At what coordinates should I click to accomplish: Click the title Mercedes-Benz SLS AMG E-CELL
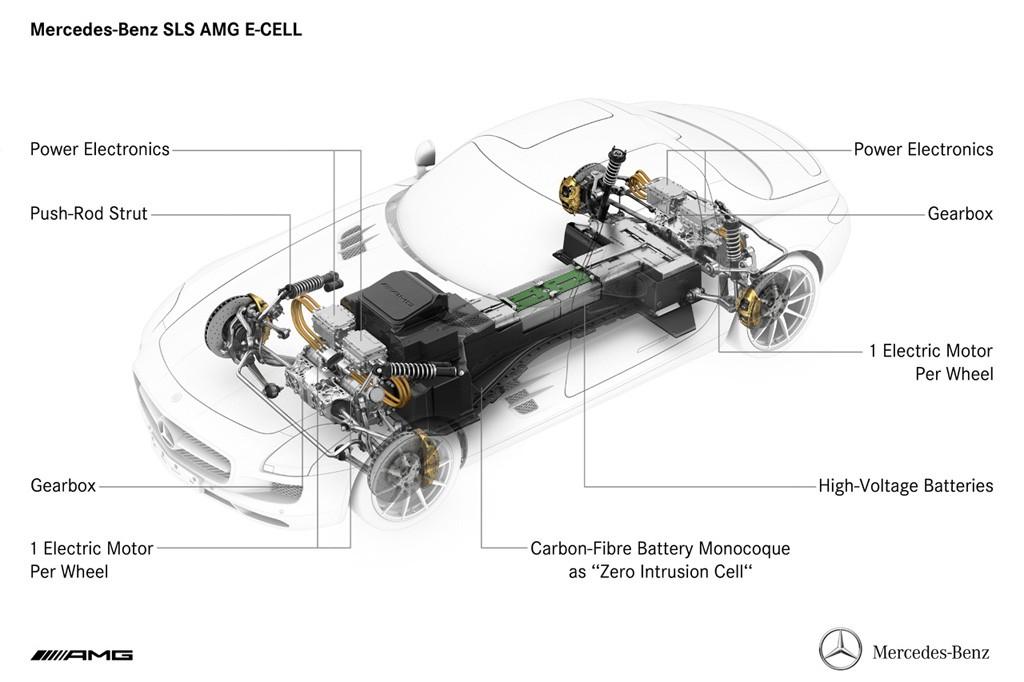(x=166, y=30)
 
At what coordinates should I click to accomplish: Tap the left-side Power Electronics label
(x=100, y=149)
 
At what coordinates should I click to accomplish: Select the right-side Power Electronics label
(x=923, y=149)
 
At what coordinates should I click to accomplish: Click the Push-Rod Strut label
(x=89, y=213)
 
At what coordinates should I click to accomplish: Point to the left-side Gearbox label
(x=63, y=486)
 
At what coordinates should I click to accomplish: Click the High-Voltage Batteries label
(x=906, y=486)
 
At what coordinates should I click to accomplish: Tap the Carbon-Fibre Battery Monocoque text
(x=660, y=548)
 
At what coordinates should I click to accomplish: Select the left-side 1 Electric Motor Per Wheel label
(x=92, y=559)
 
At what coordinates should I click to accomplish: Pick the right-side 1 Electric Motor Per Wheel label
(x=931, y=362)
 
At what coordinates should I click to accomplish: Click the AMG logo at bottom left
(x=82, y=655)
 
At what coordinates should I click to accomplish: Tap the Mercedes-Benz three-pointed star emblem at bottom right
(x=840, y=649)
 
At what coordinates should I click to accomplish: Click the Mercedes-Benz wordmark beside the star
(x=931, y=653)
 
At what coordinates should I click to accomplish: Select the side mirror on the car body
(x=424, y=155)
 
